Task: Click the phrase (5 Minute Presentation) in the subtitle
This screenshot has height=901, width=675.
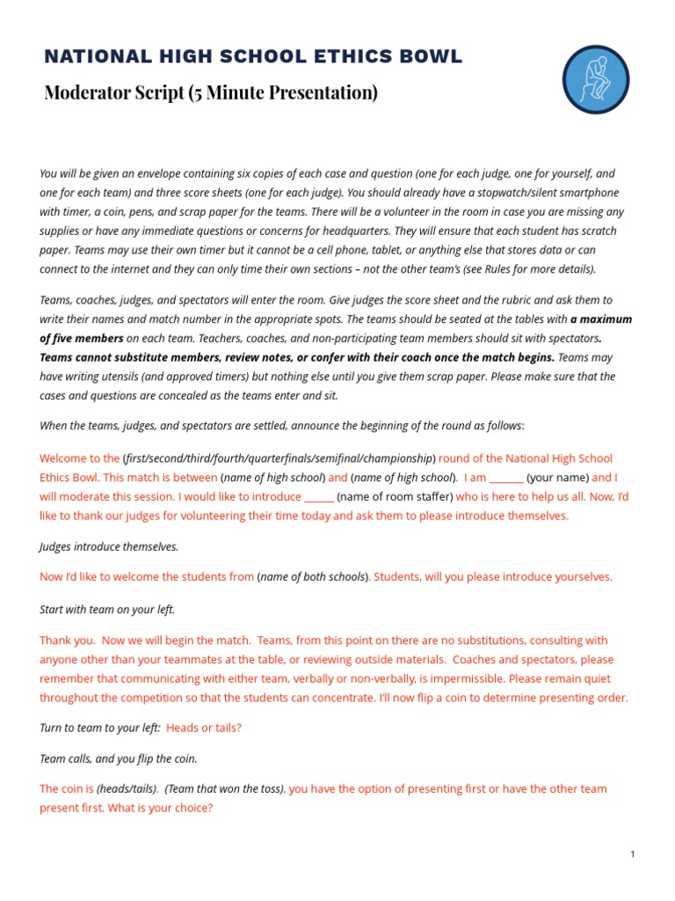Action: click(x=283, y=92)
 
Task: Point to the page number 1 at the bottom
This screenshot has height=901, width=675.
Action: click(x=633, y=853)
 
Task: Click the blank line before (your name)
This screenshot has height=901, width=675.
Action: click(x=506, y=478)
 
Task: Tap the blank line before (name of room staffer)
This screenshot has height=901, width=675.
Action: click(x=318, y=497)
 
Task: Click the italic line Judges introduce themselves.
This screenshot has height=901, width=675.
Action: click(x=109, y=546)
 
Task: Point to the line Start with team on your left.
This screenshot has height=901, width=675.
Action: click(x=107, y=609)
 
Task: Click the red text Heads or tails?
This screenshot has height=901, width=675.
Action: click(x=203, y=728)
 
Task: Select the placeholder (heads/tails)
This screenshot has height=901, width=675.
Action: click(x=127, y=789)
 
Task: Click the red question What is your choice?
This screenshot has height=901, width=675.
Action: click(x=160, y=808)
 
